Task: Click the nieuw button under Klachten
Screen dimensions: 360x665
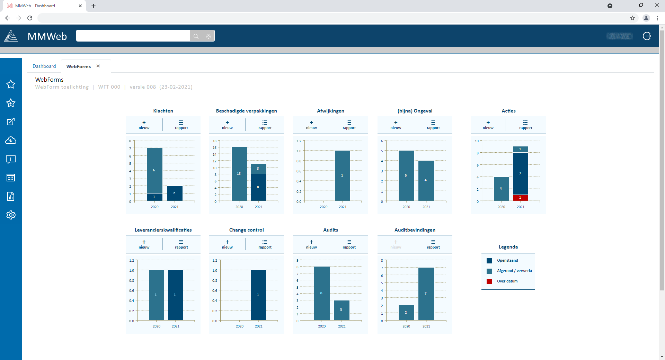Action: click(x=144, y=125)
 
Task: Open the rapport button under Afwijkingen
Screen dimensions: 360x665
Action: click(x=349, y=125)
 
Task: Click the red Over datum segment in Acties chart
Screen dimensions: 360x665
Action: click(x=520, y=198)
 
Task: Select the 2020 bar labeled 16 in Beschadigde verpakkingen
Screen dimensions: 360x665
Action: click(x=239, y=174)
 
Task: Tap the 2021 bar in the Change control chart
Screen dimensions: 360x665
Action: click(x=258, y=295)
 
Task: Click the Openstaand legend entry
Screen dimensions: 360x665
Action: click(x=507, y=261)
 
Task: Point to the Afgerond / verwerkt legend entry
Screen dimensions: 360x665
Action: click(x=514, y=271)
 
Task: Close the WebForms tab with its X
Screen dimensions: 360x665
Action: click(x=98, y=66)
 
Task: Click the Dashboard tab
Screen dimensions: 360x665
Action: click(x=44, y=66)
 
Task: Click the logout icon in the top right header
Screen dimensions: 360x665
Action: click(x=647, y=36)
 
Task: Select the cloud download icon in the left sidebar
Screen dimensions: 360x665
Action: click(x=11, y=141)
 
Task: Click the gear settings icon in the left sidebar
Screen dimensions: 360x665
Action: click(x=11, y=215)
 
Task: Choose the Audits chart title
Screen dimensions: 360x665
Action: click(x=330, y=230)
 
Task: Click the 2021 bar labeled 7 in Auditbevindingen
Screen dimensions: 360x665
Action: click(x=426, y=294)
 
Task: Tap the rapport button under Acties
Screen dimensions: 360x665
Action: click(x=525, y=125)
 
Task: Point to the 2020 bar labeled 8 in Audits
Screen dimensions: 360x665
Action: click(x=321, y=293)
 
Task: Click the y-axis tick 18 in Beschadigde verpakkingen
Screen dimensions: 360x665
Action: click(x=214, y=141)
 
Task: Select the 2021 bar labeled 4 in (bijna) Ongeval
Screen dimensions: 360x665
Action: click(x=426, y=180)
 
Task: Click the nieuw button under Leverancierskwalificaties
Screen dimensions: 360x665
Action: click(x=144, y=244)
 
